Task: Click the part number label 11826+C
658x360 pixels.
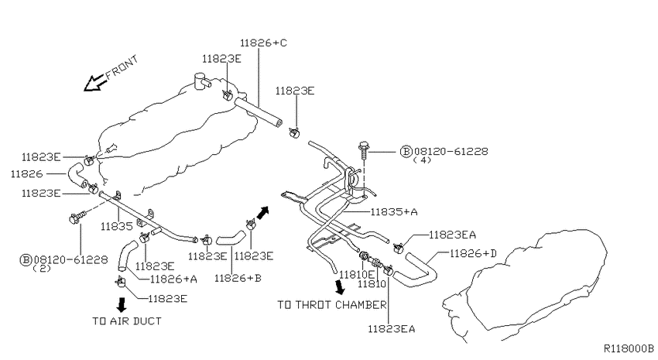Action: tap(263, 43)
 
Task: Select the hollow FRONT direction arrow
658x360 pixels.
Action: tap(94, 83)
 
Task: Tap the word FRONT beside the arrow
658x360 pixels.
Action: tap(122, 67)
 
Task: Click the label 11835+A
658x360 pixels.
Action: tap(394, 212)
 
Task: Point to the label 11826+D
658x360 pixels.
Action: tap(473, 253)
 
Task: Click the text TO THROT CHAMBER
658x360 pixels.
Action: tap(332, 304)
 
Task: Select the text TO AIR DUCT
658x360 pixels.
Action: tap(127, 321)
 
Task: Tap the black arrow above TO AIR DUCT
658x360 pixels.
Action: tap(122, 304)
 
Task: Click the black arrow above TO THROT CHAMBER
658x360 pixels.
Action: tap(340, 287)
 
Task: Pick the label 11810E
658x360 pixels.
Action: tap(357, 275)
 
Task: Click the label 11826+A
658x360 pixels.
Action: tap(173, 279)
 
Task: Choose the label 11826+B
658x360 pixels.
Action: tap(238, 278)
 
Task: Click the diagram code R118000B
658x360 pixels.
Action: tap(629, 348)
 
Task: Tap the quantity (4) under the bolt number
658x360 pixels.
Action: tap(422, 159)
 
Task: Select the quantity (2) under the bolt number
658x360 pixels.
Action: tap(42, 268)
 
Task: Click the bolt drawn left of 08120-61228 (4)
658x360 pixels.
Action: tap(363, 150)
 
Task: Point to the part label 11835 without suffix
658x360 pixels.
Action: tap(117, 227)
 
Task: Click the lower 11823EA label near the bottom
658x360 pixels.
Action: tap(392, 329)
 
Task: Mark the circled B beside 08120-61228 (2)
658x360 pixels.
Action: tap(26, 260)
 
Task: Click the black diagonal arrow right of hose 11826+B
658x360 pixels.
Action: tap(262, 213)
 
